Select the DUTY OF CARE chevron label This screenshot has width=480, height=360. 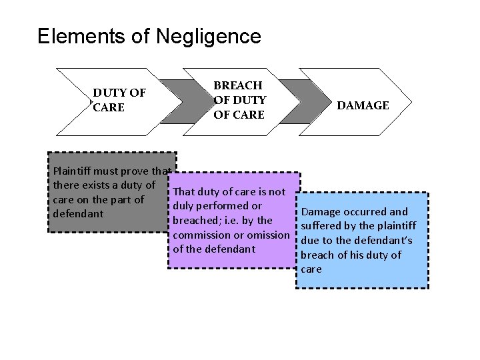coord(119,100)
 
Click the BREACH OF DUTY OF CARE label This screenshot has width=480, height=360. coord(239,100)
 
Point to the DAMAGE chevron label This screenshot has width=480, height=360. coord(363,105)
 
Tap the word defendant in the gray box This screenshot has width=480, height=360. coord(77,214)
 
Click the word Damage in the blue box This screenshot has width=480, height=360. coord(322,212)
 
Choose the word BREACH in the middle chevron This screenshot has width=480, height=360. coord(237,85)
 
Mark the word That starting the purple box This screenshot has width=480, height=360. coord(184,192)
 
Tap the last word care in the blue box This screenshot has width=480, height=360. coord(311,269)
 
